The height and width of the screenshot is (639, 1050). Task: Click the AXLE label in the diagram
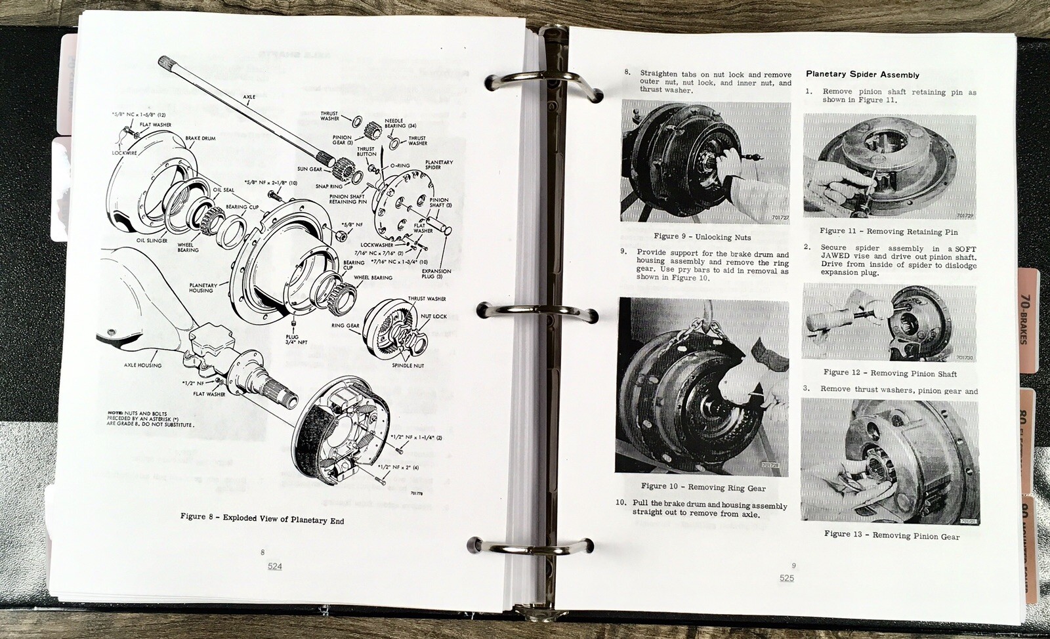pyautogui.click(x=249, y=96)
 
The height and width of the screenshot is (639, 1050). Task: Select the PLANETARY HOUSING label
pyautogui.click(x=201, y=288)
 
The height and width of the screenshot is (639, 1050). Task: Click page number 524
pyautogui.click(x=274, y=566)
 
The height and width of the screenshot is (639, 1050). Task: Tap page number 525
pyautogui.click(x=786, y=578)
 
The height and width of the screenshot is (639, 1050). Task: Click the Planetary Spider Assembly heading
pyautogui.click(x=862, y=75)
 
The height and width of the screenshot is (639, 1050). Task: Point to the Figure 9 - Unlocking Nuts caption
pyautogui.click(x=702, y=237)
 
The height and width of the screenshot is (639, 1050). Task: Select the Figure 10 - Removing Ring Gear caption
pyautogui.click(x=702, y=487)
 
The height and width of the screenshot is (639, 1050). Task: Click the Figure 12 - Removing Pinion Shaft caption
pyautogui.click(x=889, y=373)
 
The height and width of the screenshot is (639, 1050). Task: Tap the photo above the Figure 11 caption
pyautogui.click(x=889, y=167)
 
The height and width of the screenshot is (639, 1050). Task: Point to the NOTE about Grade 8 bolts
pyautogui.click(x=152, y=417)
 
